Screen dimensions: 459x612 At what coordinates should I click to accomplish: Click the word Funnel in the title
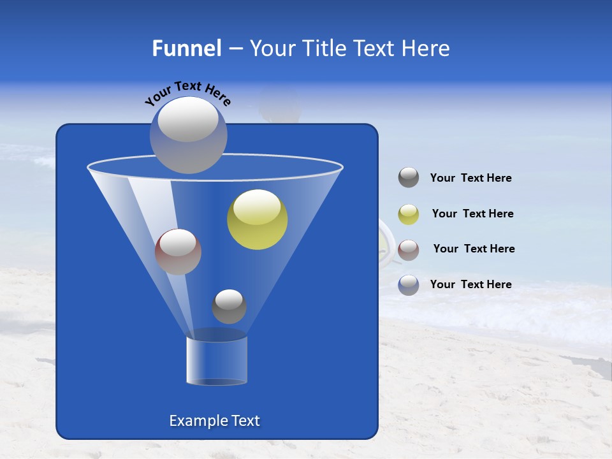click(186, 48)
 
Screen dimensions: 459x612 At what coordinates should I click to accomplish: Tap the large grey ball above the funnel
click(188, 135)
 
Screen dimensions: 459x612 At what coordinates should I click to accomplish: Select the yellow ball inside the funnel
click(257, 220)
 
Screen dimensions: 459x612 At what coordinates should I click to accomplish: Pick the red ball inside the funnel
click(178, 252)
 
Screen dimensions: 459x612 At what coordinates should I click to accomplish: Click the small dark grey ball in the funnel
click(229, 307)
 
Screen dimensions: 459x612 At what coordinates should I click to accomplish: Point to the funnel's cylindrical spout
click(217, 360)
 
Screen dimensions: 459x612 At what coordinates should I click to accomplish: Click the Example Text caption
click(214, 421)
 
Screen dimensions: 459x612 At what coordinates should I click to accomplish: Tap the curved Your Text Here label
click(187, 92)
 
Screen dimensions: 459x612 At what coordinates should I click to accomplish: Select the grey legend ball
click(409, 178)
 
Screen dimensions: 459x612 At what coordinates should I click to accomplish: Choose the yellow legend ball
click(409, 214)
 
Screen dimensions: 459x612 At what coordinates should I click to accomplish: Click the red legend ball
click(409, 250)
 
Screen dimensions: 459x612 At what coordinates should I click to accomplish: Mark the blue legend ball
click(409, 285)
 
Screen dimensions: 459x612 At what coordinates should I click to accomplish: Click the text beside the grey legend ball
click(470, 178)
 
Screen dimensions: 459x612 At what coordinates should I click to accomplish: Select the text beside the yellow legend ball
click(472, 214)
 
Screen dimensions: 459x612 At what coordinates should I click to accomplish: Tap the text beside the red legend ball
click(474, 249)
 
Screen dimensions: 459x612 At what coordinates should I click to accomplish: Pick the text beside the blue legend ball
click(470, 284)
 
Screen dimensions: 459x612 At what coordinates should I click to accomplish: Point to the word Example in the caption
click(194, 421)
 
